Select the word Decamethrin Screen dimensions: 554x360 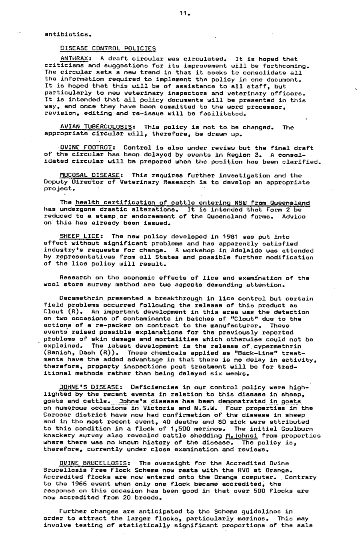click(x=79, y=299)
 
